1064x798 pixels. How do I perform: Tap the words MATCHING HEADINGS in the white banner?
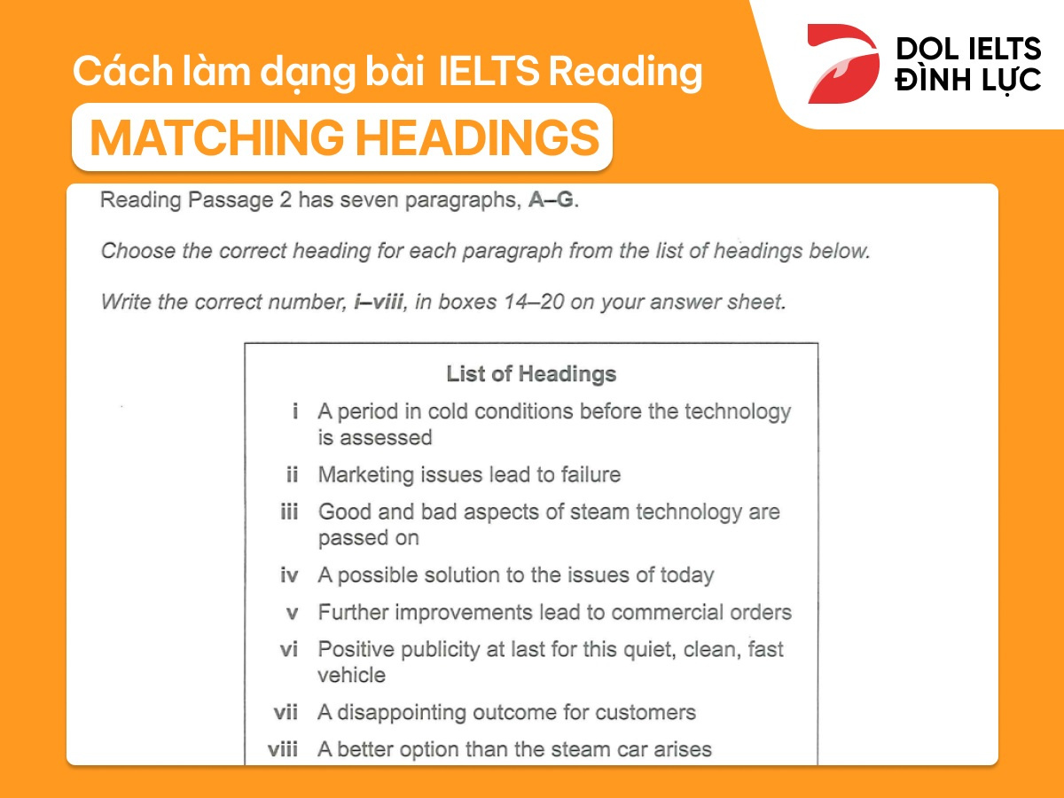pos(344,137)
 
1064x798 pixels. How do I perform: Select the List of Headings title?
pos(531,373)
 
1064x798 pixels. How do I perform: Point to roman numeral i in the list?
pos(294,411)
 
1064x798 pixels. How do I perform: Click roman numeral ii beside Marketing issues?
pos(292,475)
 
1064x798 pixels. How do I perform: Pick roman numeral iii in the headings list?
pos(289,512)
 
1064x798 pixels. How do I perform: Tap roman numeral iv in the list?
pos(289,575)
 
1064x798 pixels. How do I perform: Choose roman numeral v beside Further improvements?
pos(292,613)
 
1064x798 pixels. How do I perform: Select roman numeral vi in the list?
pos(289,650)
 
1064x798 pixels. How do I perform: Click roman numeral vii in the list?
pos(286,713)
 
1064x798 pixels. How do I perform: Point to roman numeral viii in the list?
pos(283,750)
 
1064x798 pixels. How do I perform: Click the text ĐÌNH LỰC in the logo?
pos(966,81)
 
